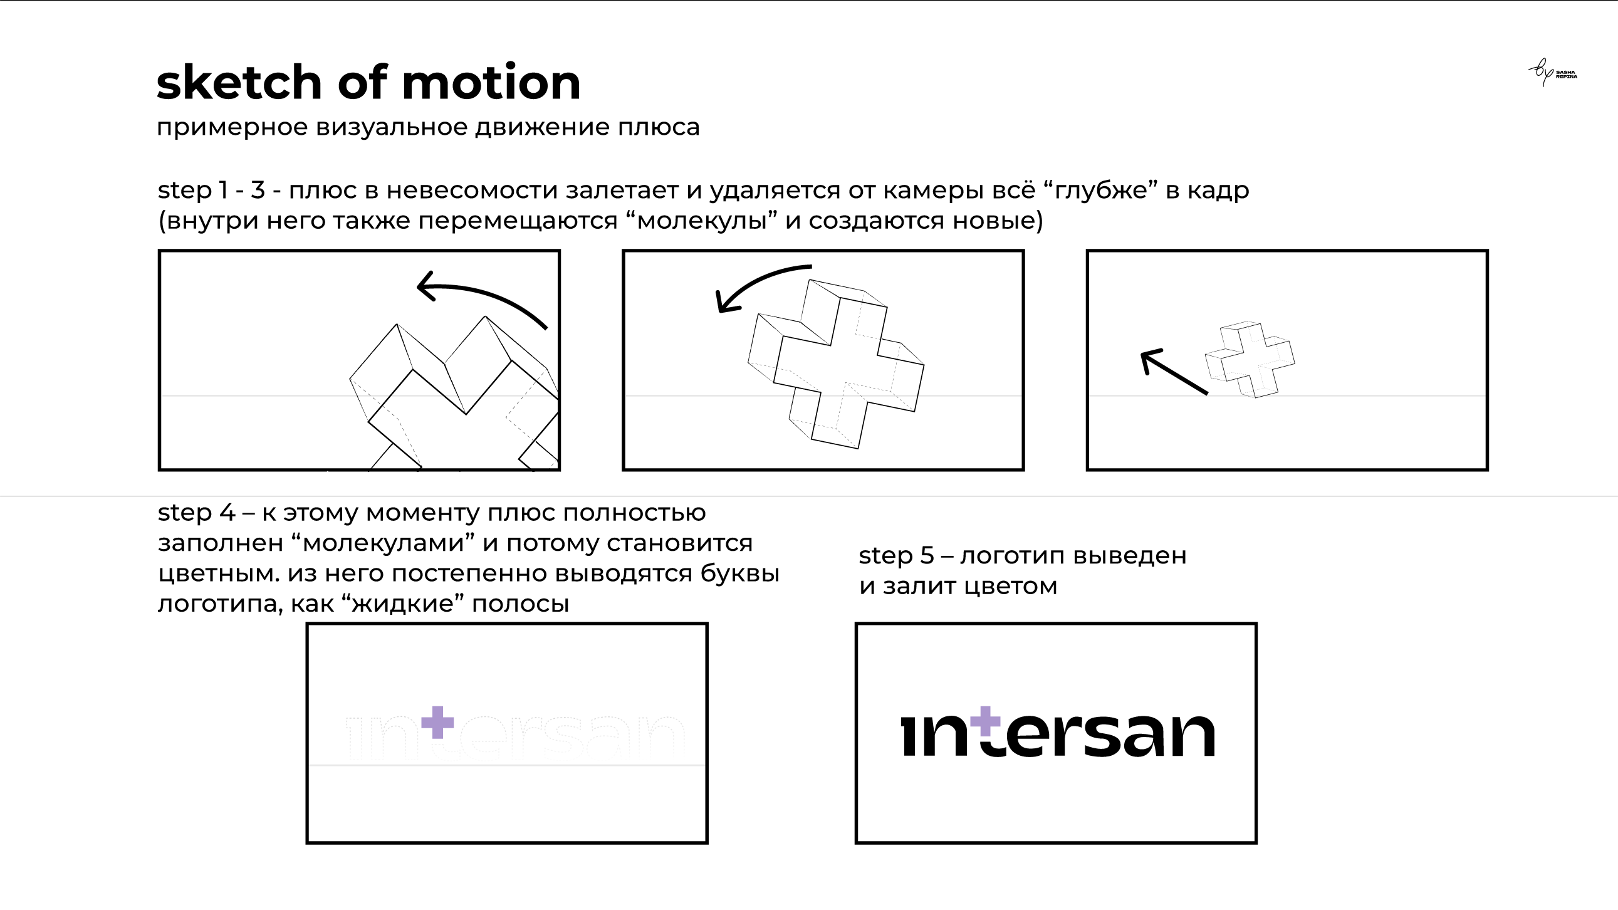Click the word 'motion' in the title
point(491,83)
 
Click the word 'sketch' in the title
point(239,83)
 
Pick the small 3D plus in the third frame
point(1250,360)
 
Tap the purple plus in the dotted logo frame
point(437,722)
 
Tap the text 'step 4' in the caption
point(196,513)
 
